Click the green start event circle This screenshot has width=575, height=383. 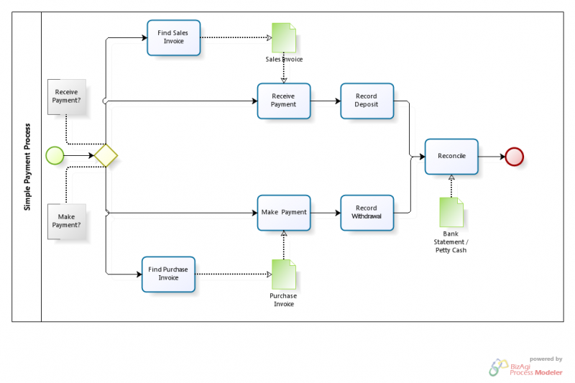[x=54, y=155]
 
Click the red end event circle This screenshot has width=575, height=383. [x=514, y=156]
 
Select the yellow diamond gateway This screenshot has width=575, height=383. [x=106, y=155]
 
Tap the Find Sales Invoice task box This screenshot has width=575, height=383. [x=173, y=37]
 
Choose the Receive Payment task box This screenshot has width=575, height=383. [x=284, y=101]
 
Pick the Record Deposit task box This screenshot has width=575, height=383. [x=367, y=101]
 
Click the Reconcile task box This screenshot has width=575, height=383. [x=451, y=156]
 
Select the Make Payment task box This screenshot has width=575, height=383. [x=284, y=213]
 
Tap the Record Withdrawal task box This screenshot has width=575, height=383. [x=367, y=213]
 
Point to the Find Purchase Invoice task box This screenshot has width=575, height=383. [x=168, y=274]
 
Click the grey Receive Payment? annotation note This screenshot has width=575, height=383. [x=67, y=97]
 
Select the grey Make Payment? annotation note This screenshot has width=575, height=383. [x=67, y=221]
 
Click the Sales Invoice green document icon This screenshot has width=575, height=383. [x=283, y=37]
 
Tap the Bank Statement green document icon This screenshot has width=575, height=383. [x=451, y=213]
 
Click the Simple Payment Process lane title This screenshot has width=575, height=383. [x=27, y=166]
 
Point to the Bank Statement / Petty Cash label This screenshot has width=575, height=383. [x=451, y=241]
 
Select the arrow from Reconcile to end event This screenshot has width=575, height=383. [x=492, y=156]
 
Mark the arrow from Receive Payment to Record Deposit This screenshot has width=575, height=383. [x=326, y=101]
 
